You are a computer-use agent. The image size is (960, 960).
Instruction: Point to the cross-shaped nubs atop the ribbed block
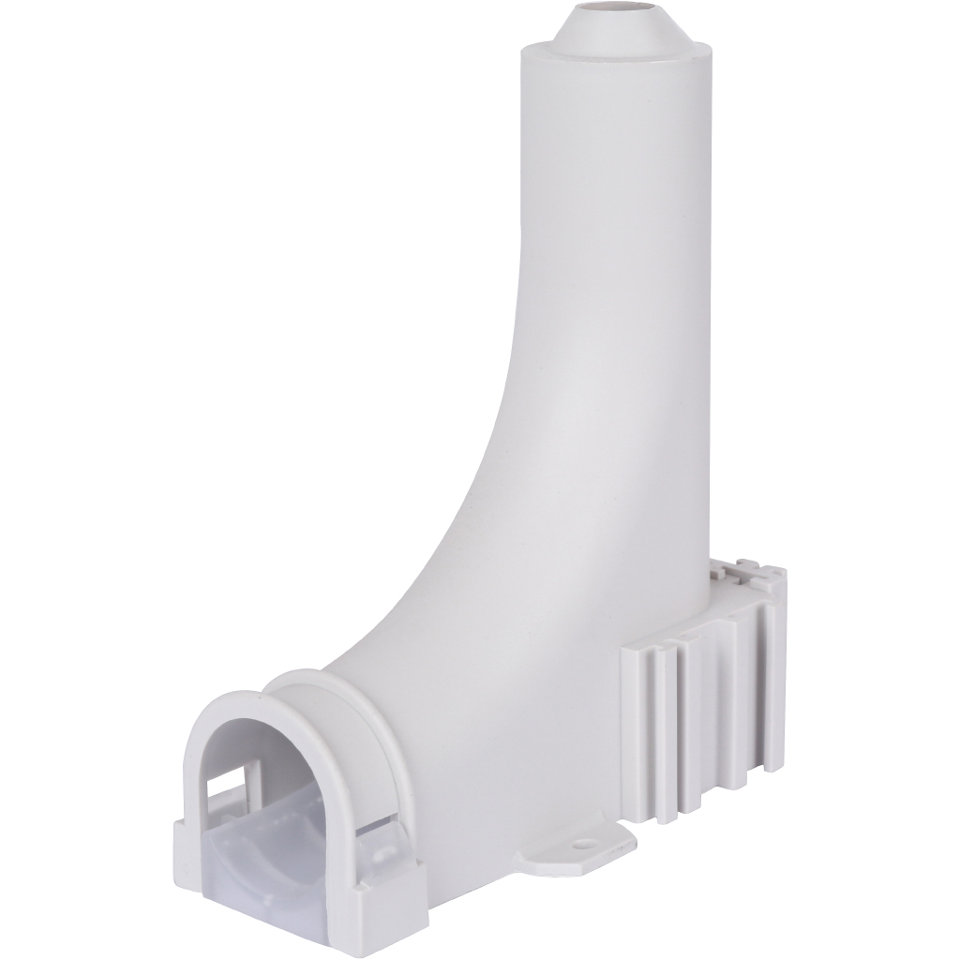click(x=745, y=569)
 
